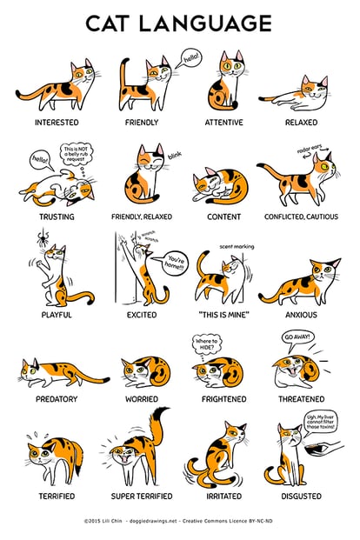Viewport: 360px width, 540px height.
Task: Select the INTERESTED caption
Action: point(57,123)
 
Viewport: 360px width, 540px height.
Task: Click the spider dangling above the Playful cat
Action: point(42,237)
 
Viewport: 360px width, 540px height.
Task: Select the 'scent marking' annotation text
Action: point(237,246)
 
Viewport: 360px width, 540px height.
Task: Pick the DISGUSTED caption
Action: point(301,497)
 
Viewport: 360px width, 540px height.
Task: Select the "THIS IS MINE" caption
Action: point(224,315)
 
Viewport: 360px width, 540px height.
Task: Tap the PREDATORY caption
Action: point(57,400)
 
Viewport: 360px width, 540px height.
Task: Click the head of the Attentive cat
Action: point(231,65)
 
